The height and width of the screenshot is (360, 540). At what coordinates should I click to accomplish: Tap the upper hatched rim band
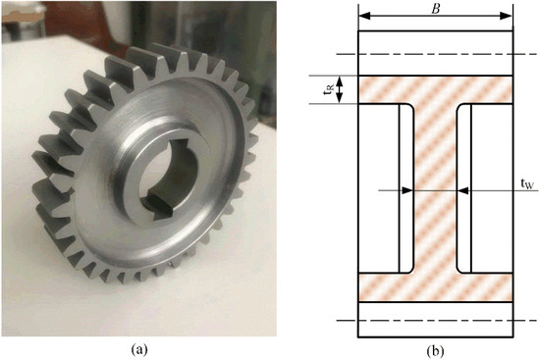[435, 90]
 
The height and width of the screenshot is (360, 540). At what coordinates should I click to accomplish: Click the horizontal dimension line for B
[435, 16]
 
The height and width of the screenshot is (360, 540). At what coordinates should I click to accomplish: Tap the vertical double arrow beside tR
[340, 90]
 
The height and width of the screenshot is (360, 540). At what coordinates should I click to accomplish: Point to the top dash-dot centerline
[435, 55]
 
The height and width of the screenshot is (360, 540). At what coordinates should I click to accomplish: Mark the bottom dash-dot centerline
[435, 321]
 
